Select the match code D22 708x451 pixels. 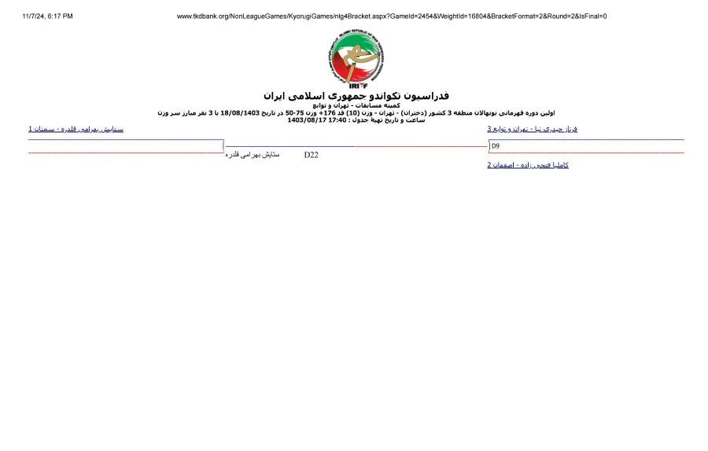click(x=312, y=156)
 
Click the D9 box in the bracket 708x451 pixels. click(x=496, y=146)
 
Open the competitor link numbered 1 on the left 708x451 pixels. click(x=76, y=129)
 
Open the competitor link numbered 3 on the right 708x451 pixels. click(x=532, y=129)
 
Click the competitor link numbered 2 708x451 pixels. click(x=528, y=165)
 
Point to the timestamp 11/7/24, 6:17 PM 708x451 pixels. click(x=48, y=16)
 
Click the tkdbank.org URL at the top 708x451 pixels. click(x=391, y=16)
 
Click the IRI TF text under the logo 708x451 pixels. click(x=356, y=86)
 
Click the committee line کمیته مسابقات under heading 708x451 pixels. click(x=356, y=104)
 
